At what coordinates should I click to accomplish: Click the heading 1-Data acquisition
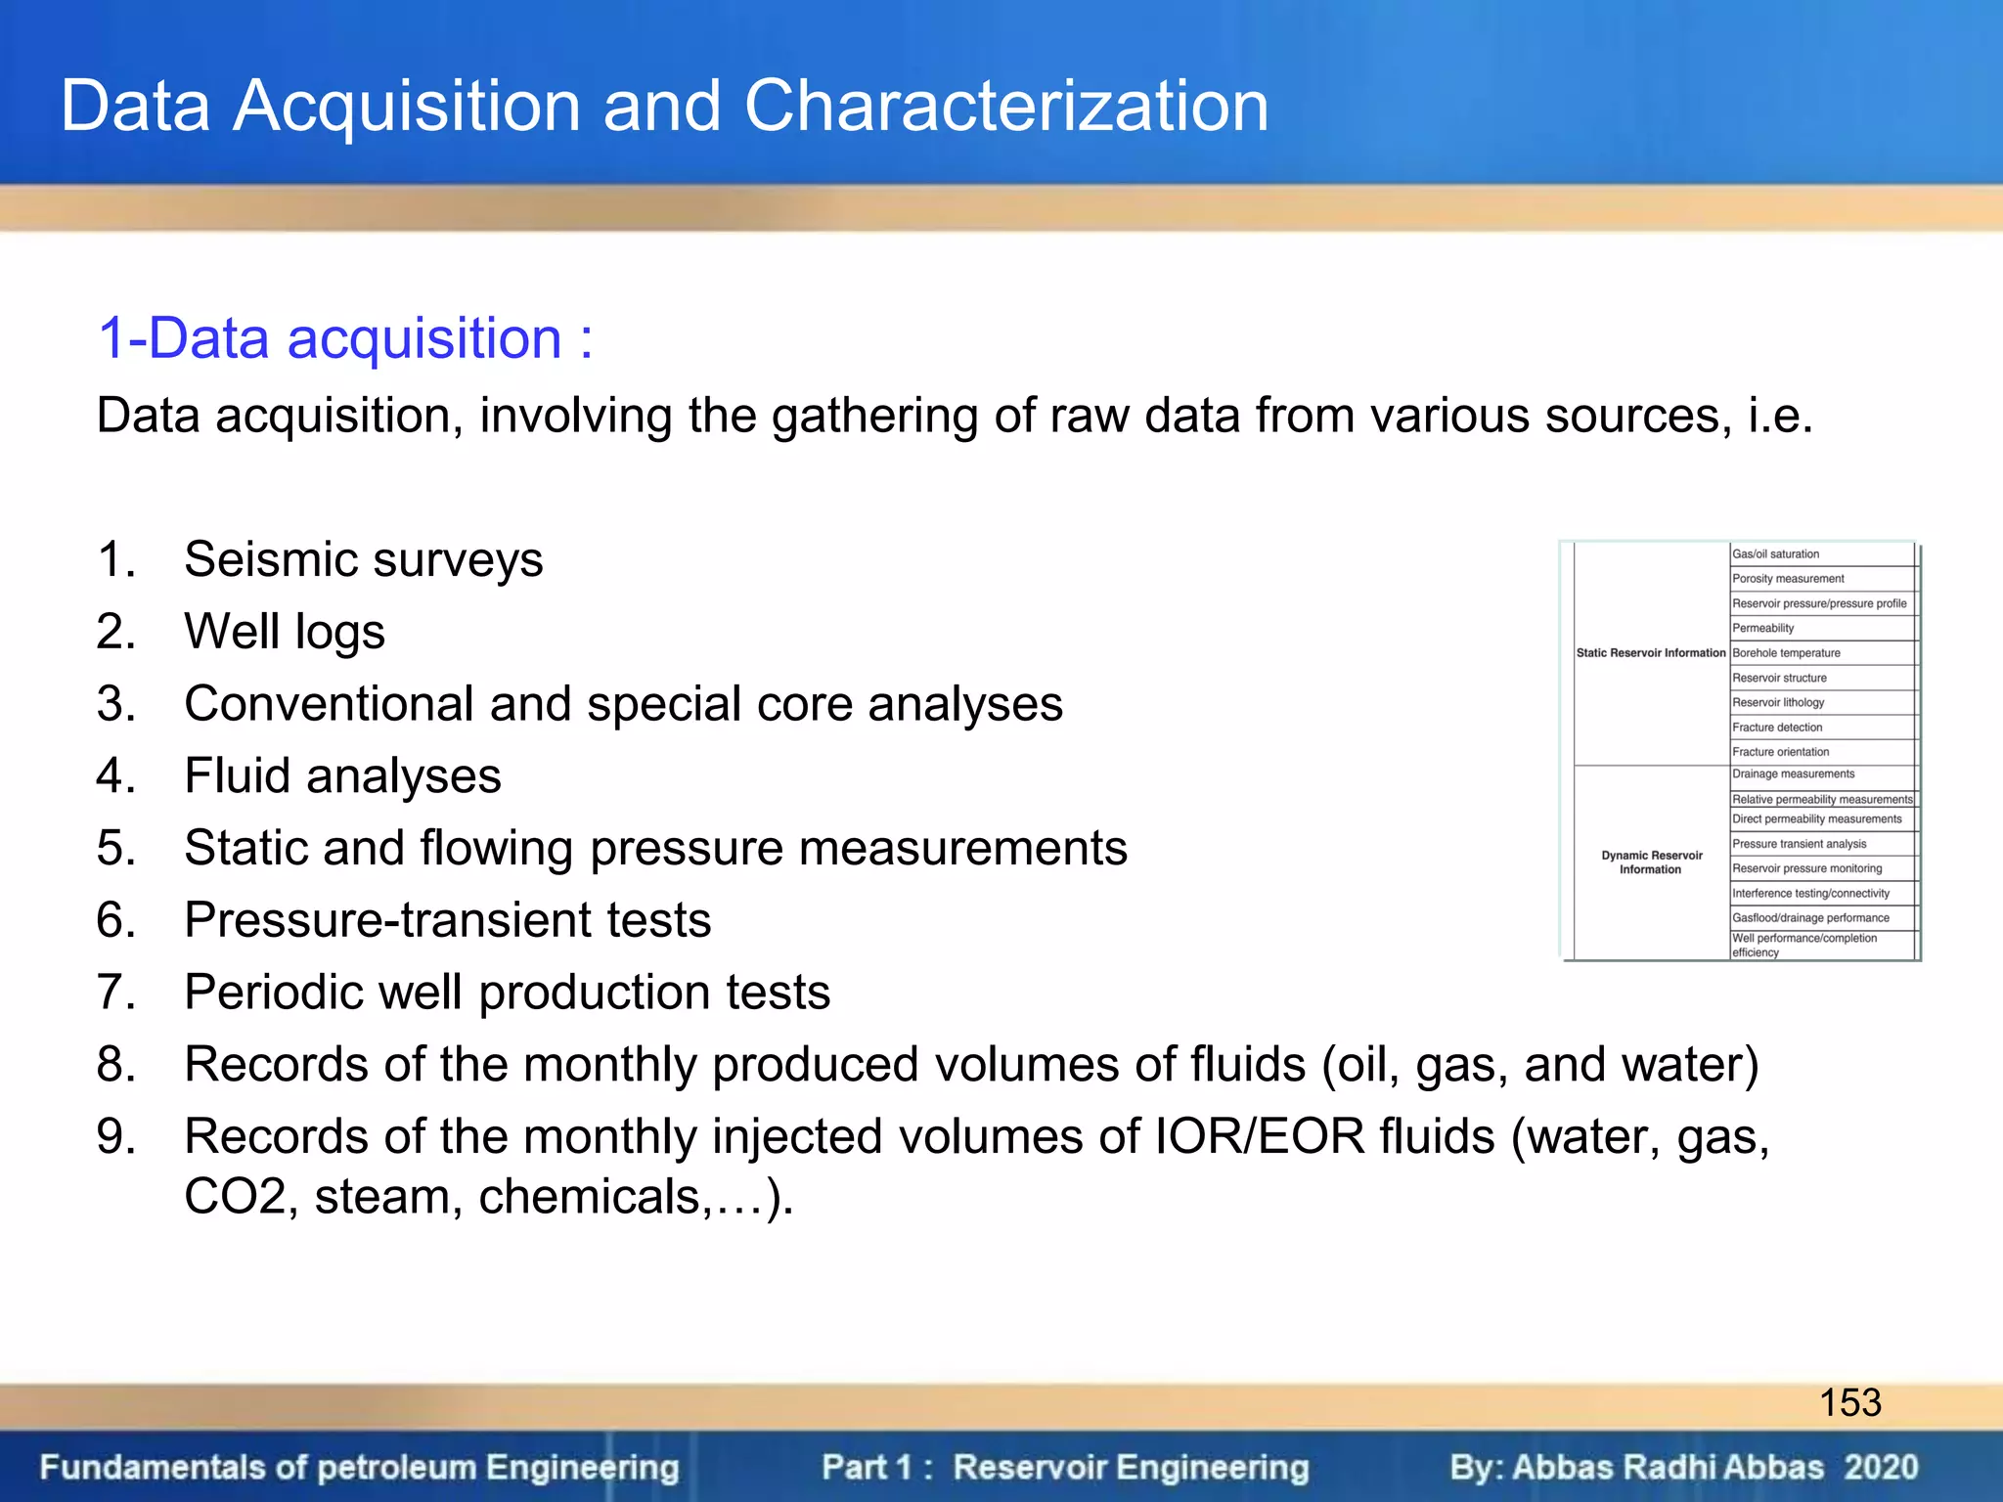point(344,338)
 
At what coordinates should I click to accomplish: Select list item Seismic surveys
point(363,559)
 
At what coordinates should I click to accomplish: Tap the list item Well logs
point(284,631)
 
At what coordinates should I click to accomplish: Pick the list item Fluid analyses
point(342,775)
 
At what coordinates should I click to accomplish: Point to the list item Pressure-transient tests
point(447,919)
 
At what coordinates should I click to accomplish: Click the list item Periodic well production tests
point(507,992)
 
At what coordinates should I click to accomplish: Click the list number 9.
point(115,1136)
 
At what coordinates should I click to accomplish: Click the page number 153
point(1849,1402)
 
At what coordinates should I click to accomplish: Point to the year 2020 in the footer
point(1881,1467)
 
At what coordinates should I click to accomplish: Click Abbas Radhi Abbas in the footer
point(1668,1467)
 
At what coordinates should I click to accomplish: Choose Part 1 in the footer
point(867,1467)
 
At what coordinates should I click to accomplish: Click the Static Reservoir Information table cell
point(1651,652)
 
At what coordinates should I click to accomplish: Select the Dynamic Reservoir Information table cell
point(1651,861)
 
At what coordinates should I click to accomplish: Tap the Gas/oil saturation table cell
point(1775,553)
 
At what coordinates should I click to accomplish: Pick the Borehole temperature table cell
point(1786,652)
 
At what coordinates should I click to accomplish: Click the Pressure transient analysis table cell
point(1799,843)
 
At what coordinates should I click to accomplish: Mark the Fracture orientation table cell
point(1780,751)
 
